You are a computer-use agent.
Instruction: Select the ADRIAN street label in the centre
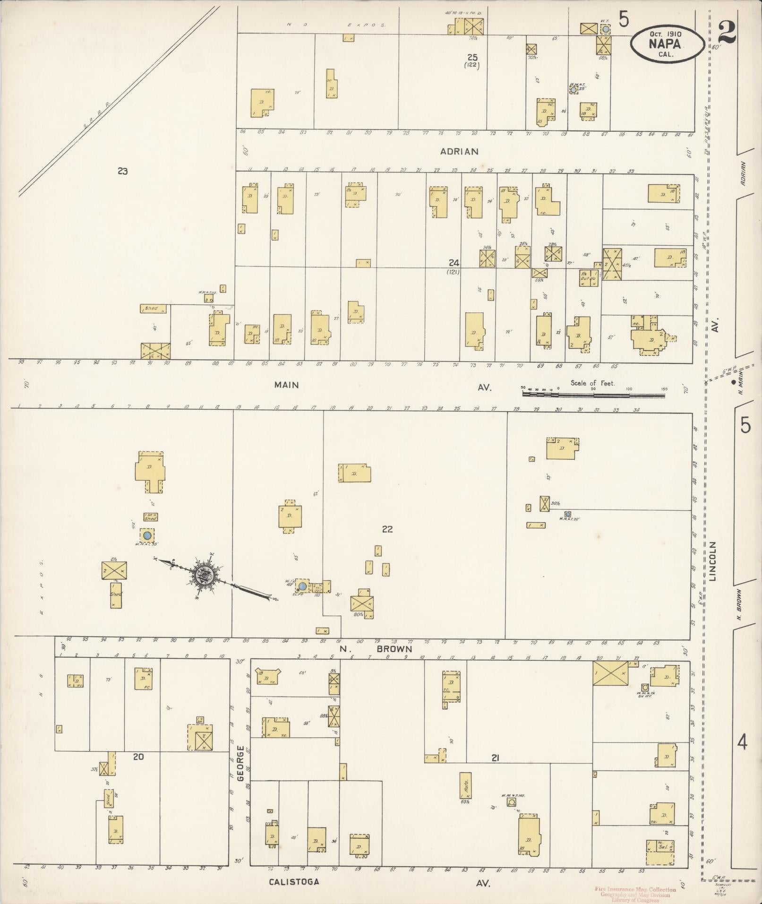pos(459,152)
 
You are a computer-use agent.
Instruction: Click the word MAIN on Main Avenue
pos(286,385)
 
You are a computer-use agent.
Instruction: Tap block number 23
pos(122,172)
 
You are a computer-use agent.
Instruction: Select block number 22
pos(387,529)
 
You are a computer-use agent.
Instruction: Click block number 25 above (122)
pos(472,58)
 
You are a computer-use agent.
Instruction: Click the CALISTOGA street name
pos(294,881)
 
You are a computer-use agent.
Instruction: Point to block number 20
pos(138,757)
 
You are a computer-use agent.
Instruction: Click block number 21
pos(495,758)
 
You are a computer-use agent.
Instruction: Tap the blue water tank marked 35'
pos(147,535)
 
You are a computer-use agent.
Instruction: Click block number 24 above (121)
pos(454,263)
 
